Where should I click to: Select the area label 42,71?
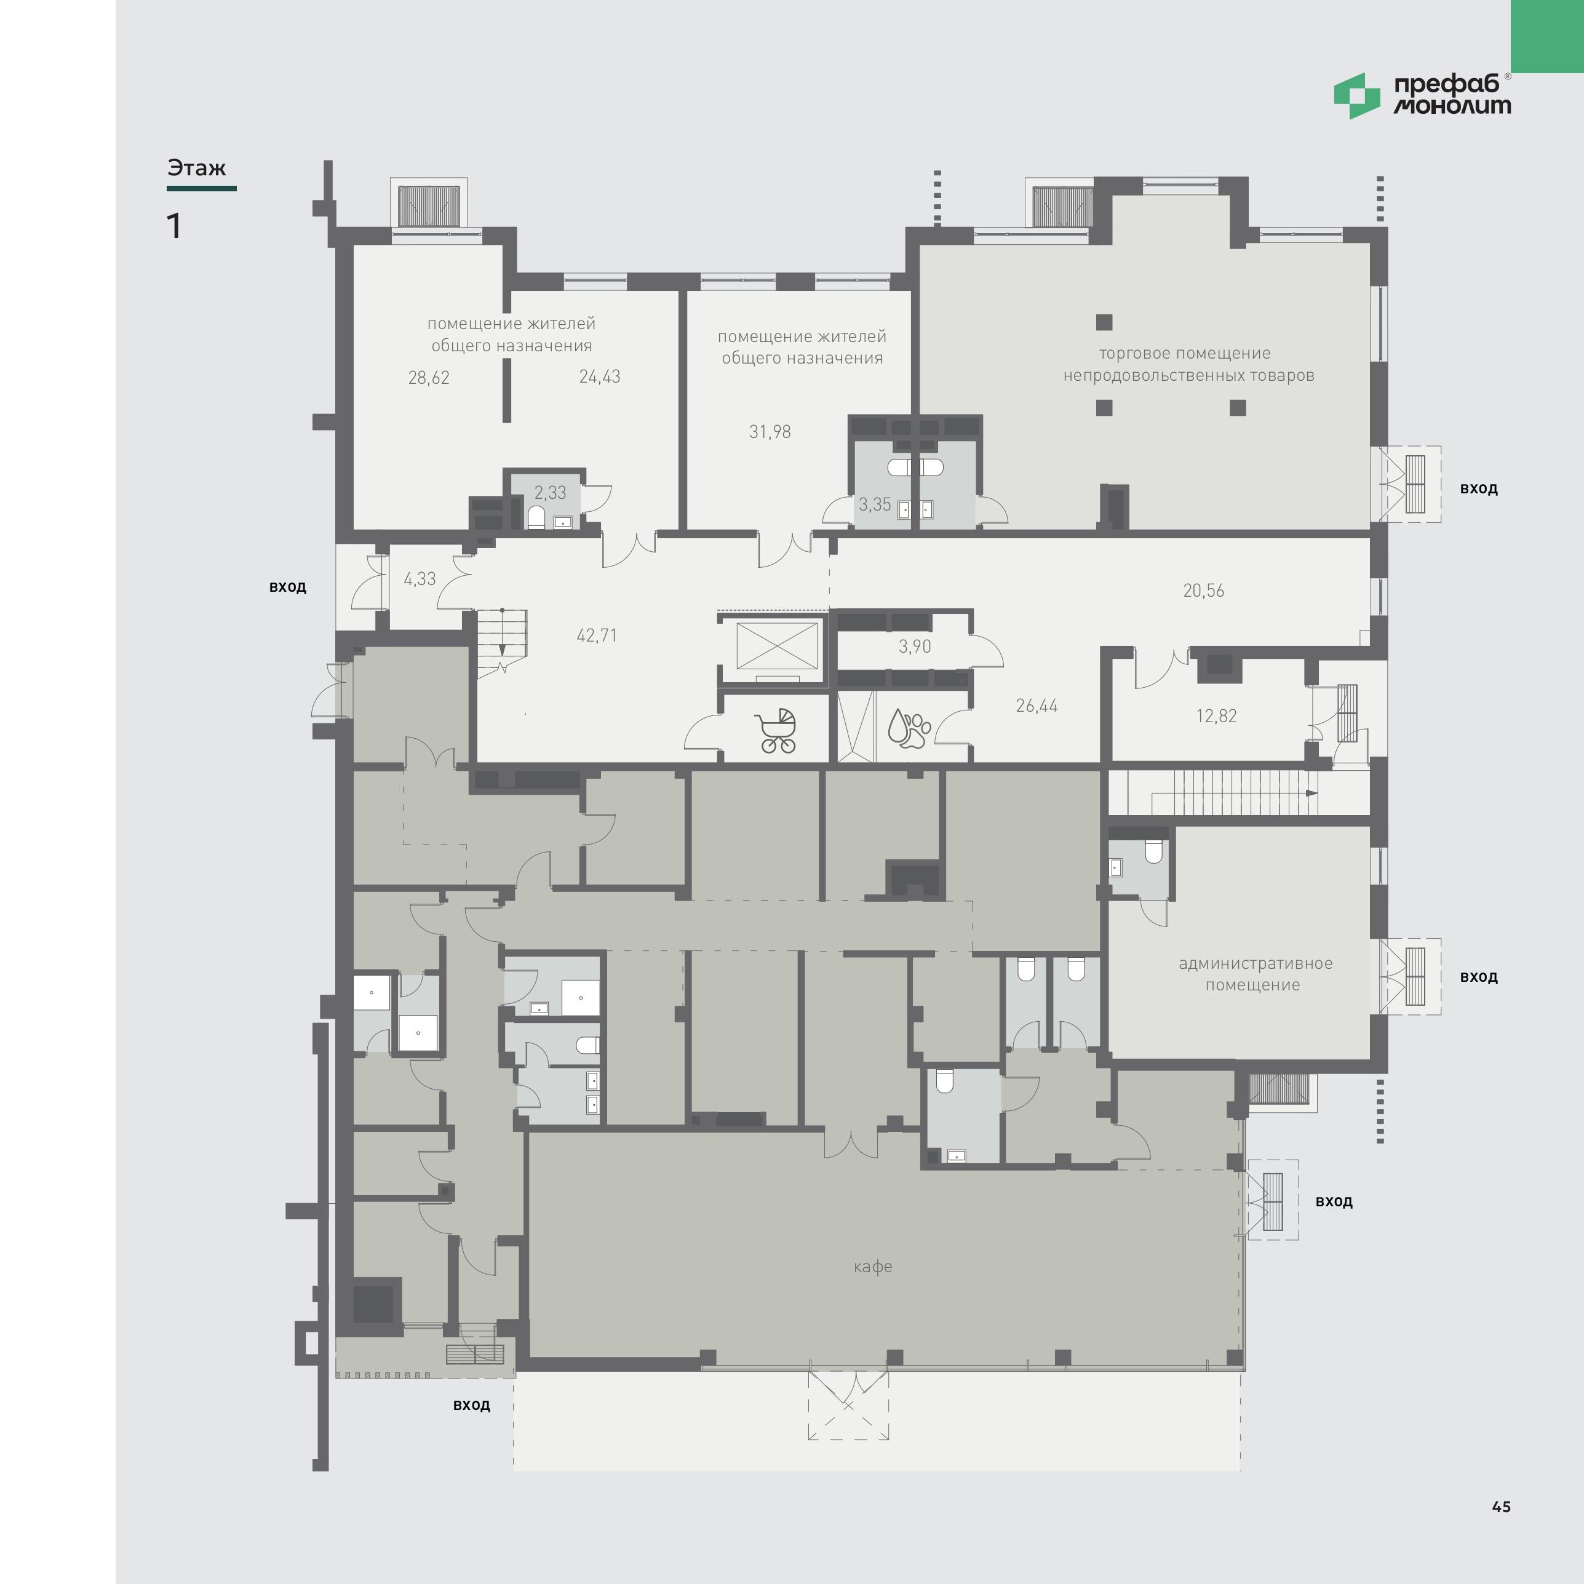[x=597, y=635]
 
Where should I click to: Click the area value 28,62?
[x=429, y=378]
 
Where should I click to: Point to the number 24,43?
[x=599, y=377]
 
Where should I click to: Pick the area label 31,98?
[x=770, y=432]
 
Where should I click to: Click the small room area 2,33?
[x=550, y=493]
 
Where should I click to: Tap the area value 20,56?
[x=1204, y=591]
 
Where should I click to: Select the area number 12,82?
[x=1216, y=716]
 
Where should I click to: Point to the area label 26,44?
[x=1037, y=706]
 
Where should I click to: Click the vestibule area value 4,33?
[x=420, y=579]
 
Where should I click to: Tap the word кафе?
[x=872, y=1267]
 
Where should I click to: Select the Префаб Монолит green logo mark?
[x=1357, y=96]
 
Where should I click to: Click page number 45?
[x=1501, y=1506]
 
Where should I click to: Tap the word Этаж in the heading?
[x=196, y=168]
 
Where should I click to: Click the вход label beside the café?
[x=1334, y=1202]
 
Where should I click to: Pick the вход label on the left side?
[x=288, y=587]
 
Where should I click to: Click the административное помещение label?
[x=1256, y=974]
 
